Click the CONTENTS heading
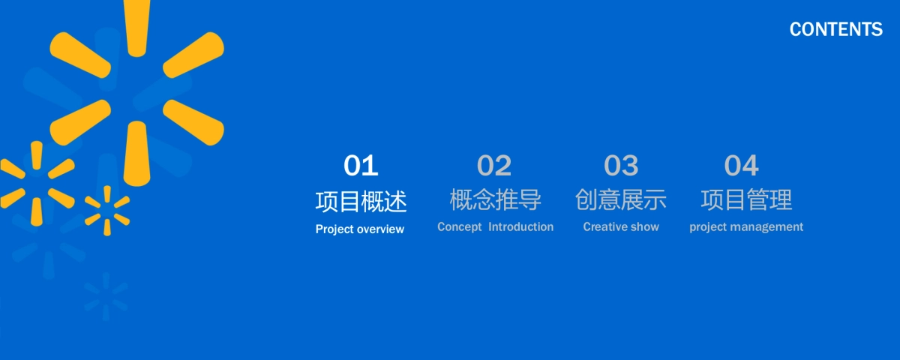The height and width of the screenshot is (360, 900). tap(835, 29)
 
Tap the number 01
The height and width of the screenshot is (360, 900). tap(361, 165)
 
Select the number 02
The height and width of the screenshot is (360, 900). tap(494, 165)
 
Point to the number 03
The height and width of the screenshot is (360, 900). tap(621, 165)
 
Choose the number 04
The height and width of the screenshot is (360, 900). tap(741, 165)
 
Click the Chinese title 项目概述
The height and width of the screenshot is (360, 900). tap(361, 201)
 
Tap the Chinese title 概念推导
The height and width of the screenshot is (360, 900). tap(496, 199)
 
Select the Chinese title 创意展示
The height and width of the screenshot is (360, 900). tap(621, 199)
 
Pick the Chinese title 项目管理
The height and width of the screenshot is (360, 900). tap(746, 199)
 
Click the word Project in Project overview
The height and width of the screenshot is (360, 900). tap(334, 229)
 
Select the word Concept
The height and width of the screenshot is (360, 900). tap(460, 227)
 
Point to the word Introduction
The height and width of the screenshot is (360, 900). tap(521, 226)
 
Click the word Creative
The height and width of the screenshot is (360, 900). tap(604, 226)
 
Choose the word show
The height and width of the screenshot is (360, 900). tap(643, 226)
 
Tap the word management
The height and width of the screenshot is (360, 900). tap(766, 227)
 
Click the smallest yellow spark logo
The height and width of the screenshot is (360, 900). tap(107, 211)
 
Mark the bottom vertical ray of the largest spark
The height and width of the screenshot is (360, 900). tap(137, 154)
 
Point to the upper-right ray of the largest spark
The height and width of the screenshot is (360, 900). tap(193, 55)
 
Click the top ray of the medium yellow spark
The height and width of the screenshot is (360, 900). tap(37, 155)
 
